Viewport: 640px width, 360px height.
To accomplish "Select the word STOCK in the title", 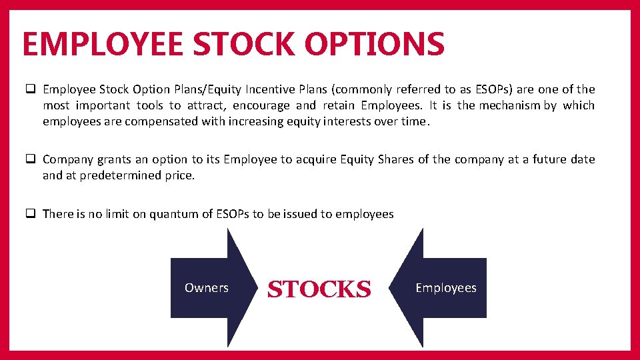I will (247, 44).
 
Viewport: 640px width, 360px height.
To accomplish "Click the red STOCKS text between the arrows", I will (319, 289).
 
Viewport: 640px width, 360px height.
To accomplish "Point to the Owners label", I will (206, 288).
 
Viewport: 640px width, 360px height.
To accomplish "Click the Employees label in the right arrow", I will (446, 288).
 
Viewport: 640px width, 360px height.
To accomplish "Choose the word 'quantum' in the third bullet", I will (173, 214).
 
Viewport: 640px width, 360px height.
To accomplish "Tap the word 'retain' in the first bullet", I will (339, 105).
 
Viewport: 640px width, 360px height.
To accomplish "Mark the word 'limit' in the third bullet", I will (111, 214).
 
